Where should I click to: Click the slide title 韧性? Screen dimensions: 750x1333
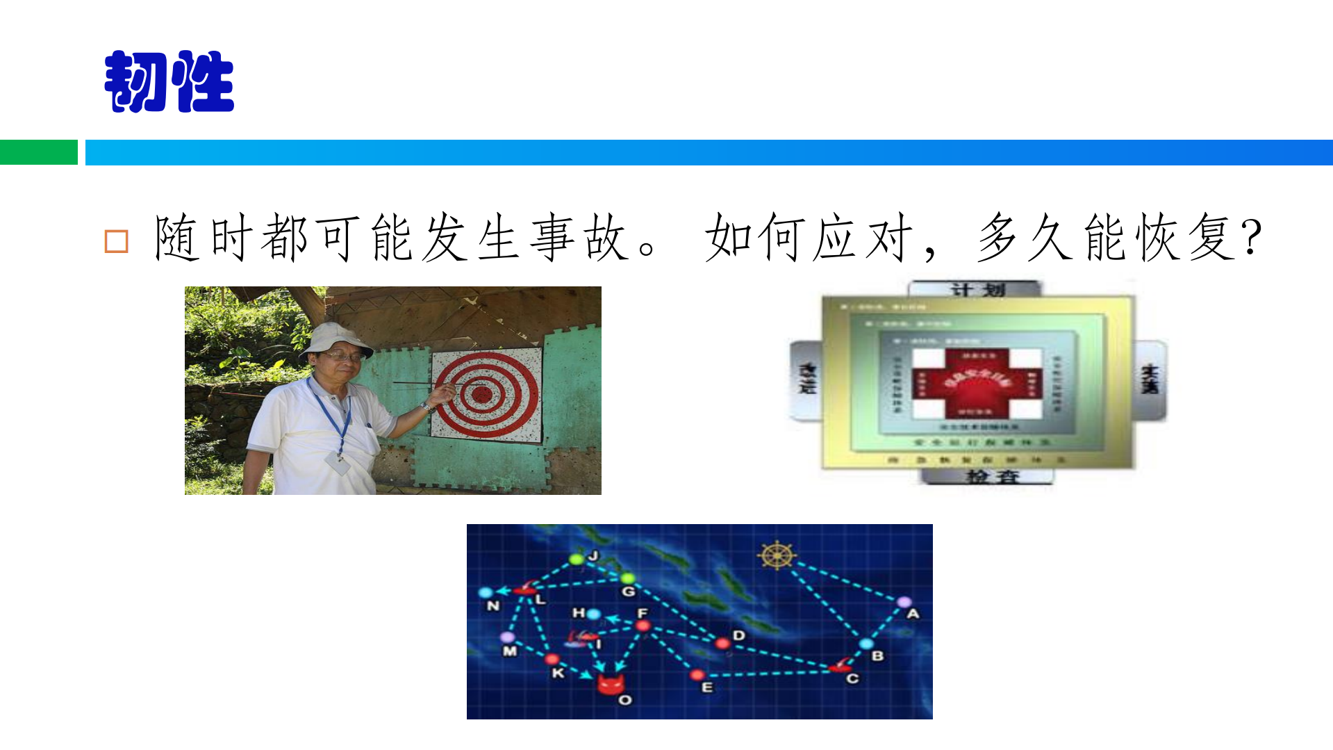coord(169,82)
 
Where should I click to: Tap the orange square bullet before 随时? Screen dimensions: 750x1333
coord(116,241)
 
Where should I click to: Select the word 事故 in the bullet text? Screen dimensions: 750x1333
coord(579,238)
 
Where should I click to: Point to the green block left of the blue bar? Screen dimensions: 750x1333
coord(38,152)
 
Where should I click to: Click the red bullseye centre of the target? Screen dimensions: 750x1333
coord(481,394)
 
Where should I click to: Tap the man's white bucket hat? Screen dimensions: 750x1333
coord(336,338)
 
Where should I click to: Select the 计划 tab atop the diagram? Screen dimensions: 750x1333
coord(977,289)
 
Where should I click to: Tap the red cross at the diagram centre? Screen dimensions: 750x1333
coord(977,383)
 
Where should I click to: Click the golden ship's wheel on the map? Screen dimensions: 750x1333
coord(776,555)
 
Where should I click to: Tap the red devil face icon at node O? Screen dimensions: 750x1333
coord(611,685)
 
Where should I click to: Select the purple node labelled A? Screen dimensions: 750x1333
coord(904,602)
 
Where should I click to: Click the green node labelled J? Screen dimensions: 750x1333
coord(576,559)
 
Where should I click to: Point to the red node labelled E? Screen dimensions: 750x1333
coord(697,675)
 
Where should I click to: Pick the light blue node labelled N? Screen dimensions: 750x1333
coord(486,593)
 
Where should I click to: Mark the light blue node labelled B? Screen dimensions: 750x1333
coord(866,644)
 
